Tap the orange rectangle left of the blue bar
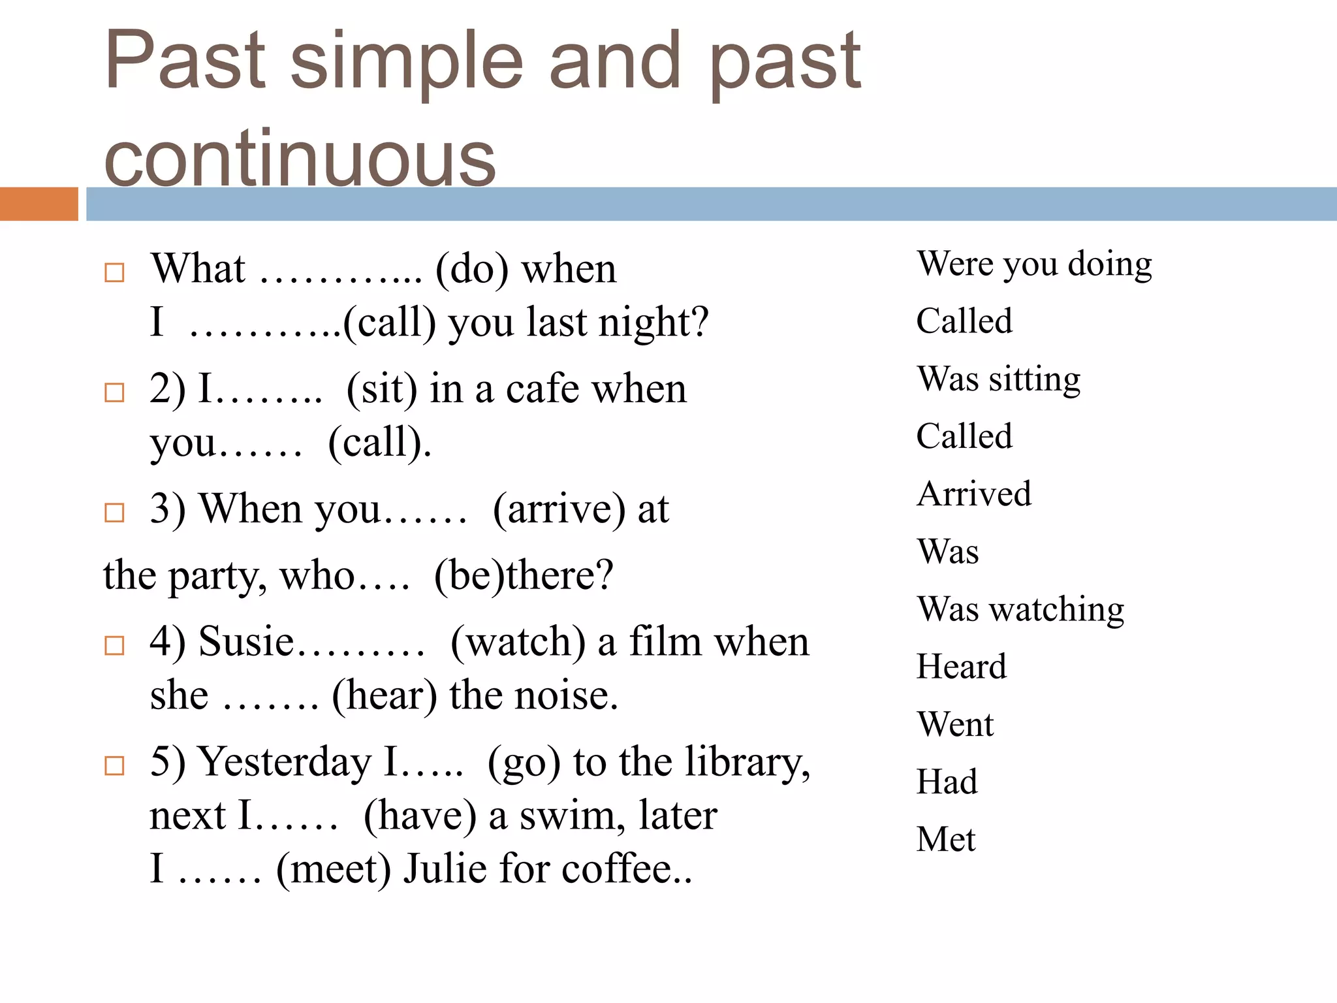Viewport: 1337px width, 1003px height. pyautogui.click(x=39, y=204)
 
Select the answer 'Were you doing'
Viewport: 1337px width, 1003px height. pyautogui.click(x=1034, y=264)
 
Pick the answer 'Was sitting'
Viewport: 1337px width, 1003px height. pyautogui.click(x=998, y=379)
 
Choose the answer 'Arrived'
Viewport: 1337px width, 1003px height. pyautogui.click(x=974, y=494)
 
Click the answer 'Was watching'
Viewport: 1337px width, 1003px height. pyautogui.click(x=1020, y=609)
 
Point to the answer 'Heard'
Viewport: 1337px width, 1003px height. pyautogui.click(x=961, y=667)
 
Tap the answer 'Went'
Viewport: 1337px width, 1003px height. pyautogui.click(x=955, y=724)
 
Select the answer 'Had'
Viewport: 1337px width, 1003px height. pyautogui.click(x=947, y=782)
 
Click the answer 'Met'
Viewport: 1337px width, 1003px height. pyautogui.click(x=945, y=839)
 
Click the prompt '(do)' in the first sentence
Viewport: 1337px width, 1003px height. pyautogui.click(x=471, y=270)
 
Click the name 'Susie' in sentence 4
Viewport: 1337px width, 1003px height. pyautogui.click(x=246, y=641)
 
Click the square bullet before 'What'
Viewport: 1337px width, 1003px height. pyautogui.click(x=114, y=272)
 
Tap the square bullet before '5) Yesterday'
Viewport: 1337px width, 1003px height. pyautogui.click(x=114, y=765)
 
